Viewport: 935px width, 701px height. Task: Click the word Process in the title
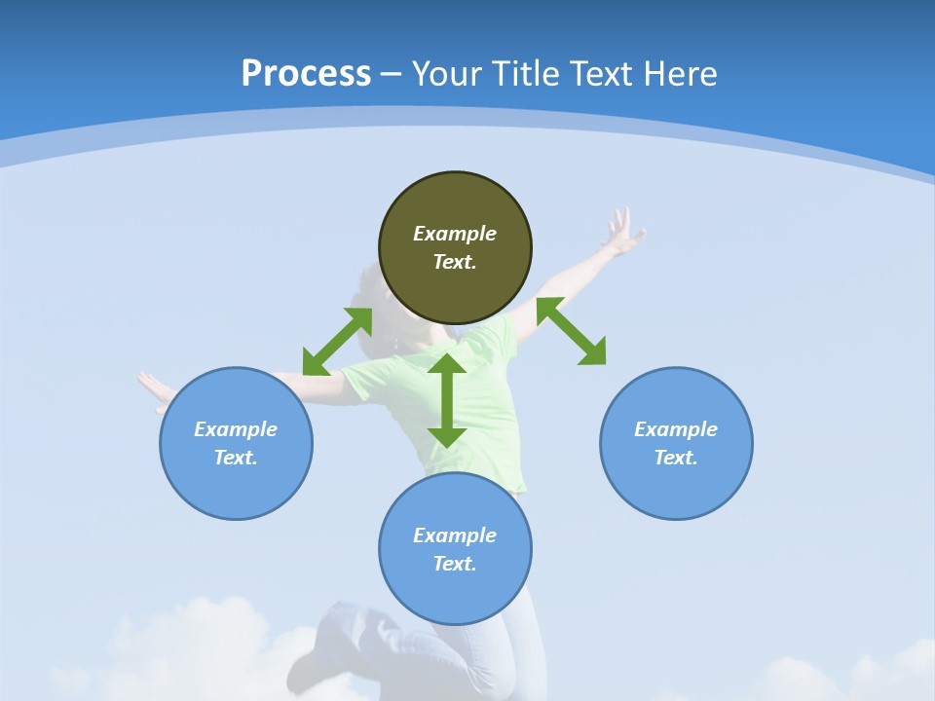306,73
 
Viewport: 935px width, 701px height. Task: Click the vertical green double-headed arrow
447,400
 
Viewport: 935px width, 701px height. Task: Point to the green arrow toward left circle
337,342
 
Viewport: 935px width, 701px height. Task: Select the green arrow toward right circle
572,331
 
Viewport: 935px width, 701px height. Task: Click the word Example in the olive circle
455,234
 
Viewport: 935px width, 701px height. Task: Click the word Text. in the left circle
236,458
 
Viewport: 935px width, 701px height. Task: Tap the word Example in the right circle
676,429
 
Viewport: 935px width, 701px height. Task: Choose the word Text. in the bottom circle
455,564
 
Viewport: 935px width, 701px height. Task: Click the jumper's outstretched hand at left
154,388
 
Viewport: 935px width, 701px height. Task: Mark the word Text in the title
603,73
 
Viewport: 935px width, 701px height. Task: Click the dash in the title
392,74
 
